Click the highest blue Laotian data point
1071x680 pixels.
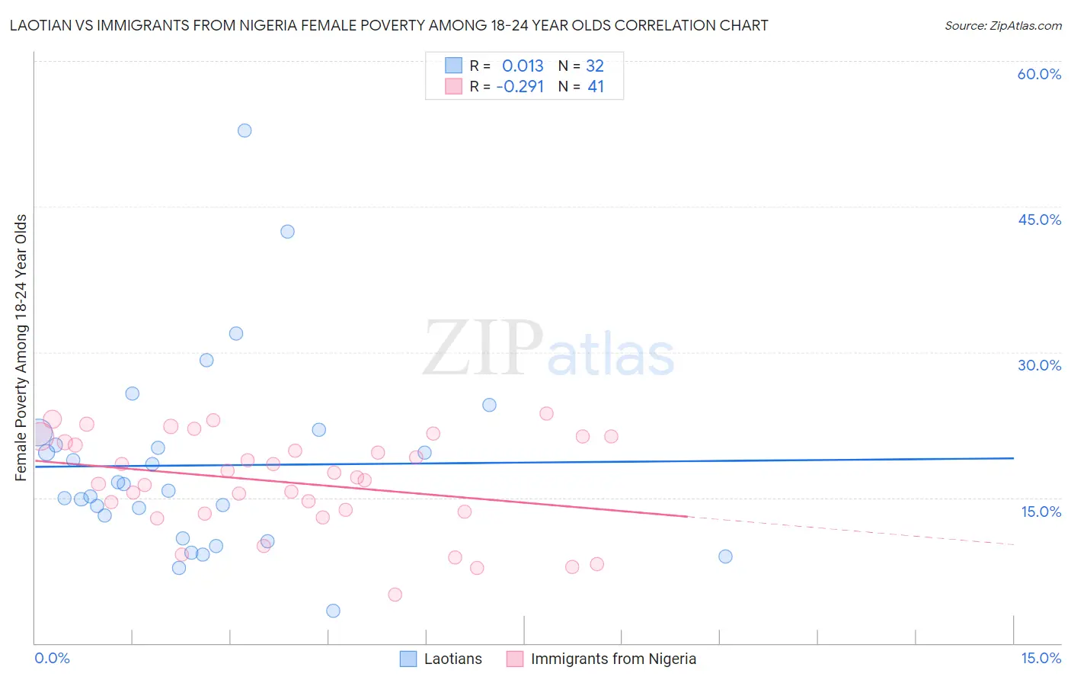coord(245,130)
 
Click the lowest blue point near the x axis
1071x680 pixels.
coord(333,611)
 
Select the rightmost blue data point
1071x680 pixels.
coord(725,557)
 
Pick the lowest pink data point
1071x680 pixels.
coord(395,595)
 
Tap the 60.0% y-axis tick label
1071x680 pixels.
coord(1039,74)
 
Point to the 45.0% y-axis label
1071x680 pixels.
coord(1039,220)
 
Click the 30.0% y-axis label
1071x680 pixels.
coord(1039,365)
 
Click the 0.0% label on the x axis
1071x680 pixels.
coord(52,658)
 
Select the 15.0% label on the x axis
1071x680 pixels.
coord(1041,658)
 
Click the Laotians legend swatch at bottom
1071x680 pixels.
coord(408,659)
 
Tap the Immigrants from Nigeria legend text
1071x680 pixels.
coord(613,659)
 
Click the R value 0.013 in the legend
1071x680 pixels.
coord(523,66)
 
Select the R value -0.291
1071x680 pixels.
coord(520,87)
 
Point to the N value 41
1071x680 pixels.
coord(596,87)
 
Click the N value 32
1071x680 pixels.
coord(595,66)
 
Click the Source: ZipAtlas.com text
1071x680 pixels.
coord(1003,26)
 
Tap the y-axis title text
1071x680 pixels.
coord(21,348)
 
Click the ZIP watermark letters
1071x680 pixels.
coord(483,349)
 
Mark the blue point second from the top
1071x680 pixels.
coord(287,232)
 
